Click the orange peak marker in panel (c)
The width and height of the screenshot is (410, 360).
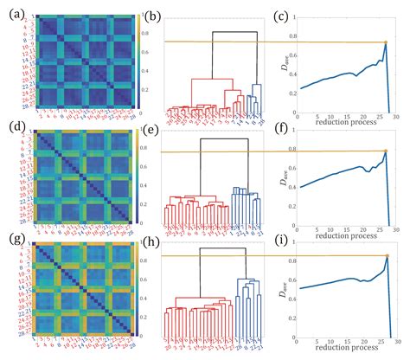coord(385,42)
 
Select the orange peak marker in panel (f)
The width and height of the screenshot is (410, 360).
coord(384,151)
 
